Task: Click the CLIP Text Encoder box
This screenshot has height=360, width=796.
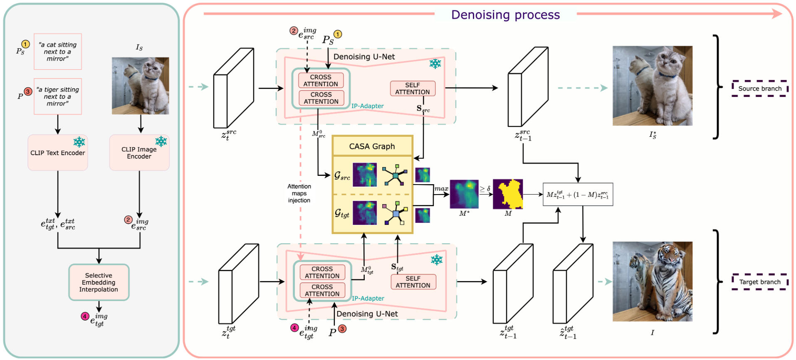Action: click(x=57, y=153)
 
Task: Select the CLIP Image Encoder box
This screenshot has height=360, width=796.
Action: click(x=139, y=153)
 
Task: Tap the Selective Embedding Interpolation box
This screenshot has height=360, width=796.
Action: click(x=99, y=282)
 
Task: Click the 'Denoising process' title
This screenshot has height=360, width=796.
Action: click(x=505, y=15)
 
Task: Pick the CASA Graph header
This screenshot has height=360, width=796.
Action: click(x=372, y=146)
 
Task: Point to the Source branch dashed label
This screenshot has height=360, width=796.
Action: click(x=759, y=89)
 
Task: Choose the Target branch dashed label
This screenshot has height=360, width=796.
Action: click(x=759, y=282)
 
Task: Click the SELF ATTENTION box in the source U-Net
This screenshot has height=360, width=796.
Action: click(x=412, y=89)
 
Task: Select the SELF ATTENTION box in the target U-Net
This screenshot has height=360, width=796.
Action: click(x=413, y=282)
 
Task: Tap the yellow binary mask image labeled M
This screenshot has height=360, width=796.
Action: click(x=508, y=194)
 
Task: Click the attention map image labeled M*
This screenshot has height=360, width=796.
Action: click(x=464, y=194)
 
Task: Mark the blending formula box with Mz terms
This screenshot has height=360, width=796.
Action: click(x=578, y=195)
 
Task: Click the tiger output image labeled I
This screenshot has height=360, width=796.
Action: click(x=652, y=281)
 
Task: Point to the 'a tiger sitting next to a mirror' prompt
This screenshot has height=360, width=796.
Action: click(x=58, y=96)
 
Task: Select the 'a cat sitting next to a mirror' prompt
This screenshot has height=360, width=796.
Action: click(x=58, y=52)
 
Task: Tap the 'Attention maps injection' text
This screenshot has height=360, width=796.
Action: click(x=299, y=193)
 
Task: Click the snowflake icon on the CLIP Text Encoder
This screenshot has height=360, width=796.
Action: click(x=79, y=142)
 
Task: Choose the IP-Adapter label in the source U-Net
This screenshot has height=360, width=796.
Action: click(x=367, y=106)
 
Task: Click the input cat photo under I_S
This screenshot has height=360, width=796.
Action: click(x=140, y=86)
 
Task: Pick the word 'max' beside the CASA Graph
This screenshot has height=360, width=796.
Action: click(x=441, y=189)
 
